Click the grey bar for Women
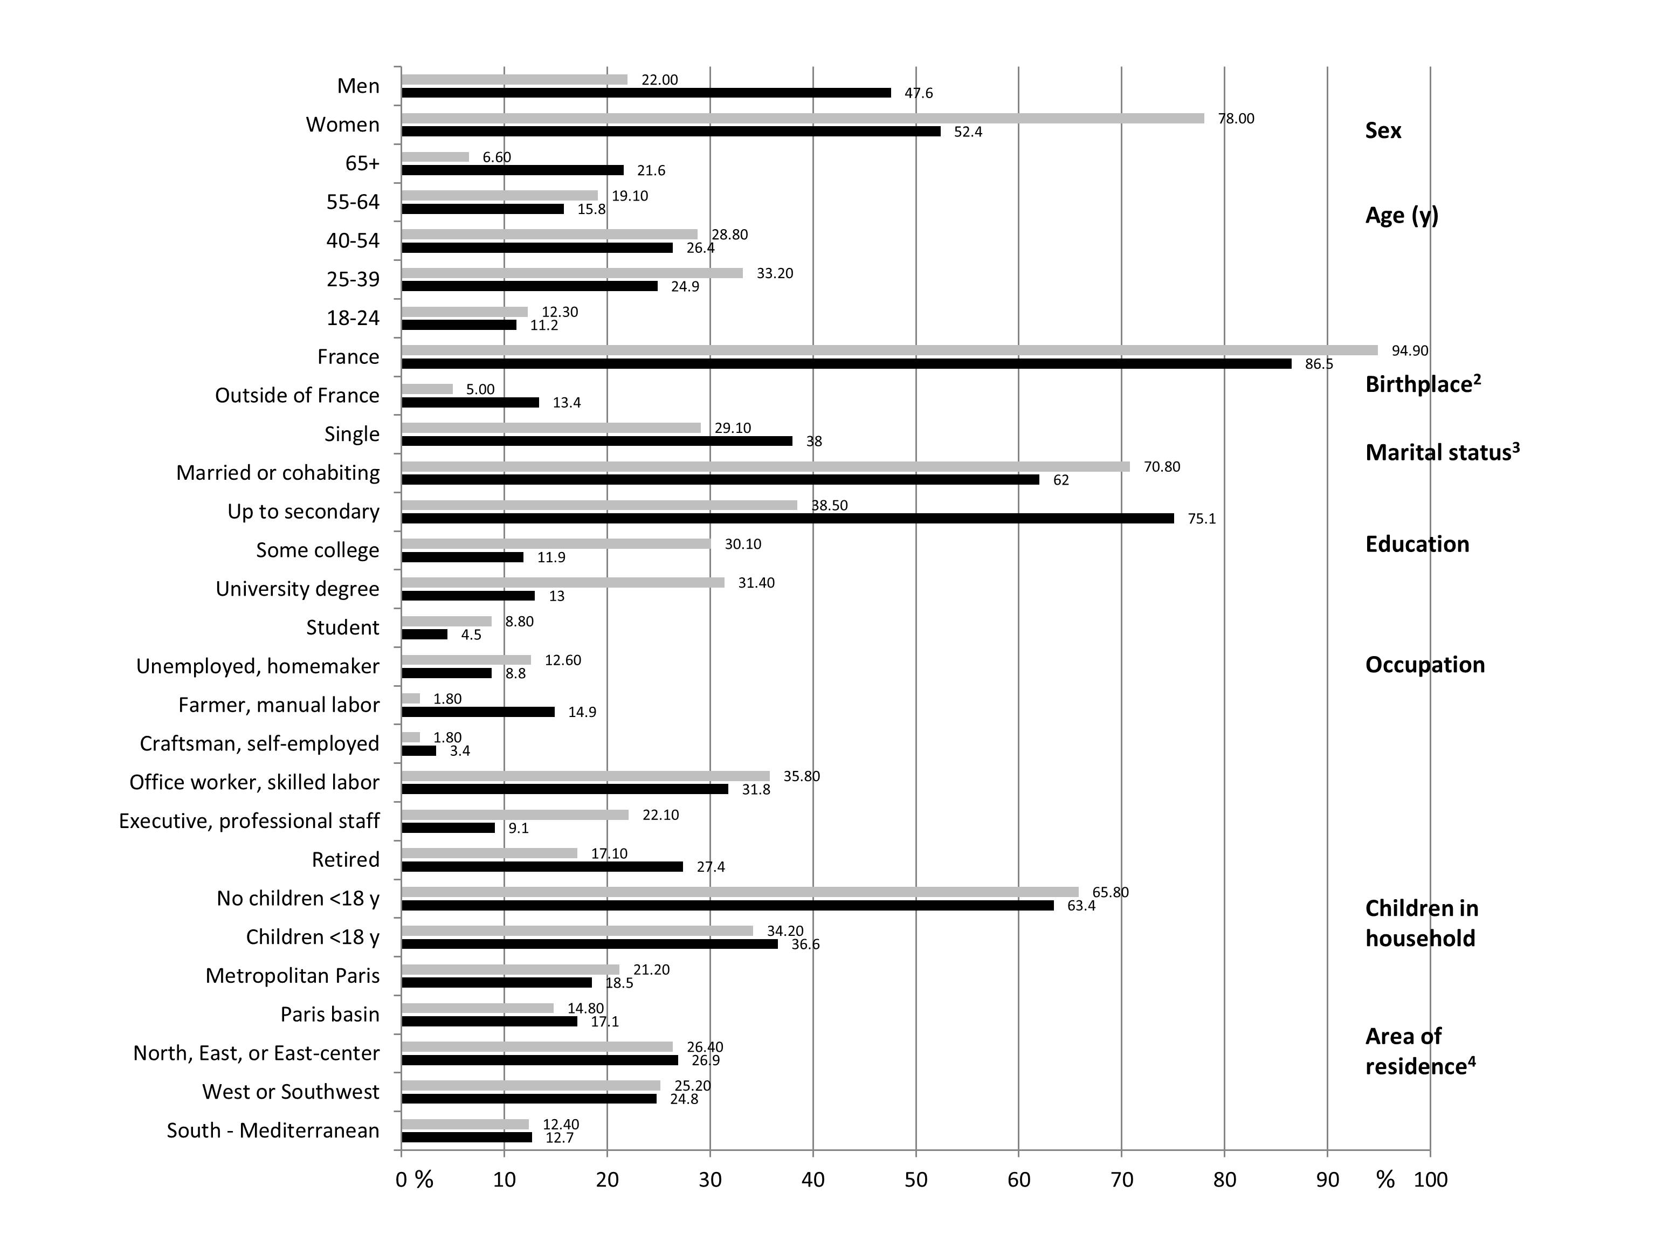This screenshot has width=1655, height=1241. pyautogui.click(x=802, y=118)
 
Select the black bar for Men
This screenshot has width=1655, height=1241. pyautogui.click(x=646, y=93)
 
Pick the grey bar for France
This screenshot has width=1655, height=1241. pyautogui.click(x=889, y=350)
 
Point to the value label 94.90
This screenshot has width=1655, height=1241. pyautogui.click(x=1410, y=350)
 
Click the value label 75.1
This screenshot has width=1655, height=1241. pyautogui.click(x=1202, y=519)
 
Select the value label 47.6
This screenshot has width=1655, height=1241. pyautogui.click(x=918, y=93)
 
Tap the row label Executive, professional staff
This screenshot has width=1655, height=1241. pyautogui.click(x=249, y=821)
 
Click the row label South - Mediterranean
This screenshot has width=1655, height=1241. pyautogui.click(x=273, y=1130)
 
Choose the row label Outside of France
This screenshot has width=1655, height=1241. pyautogui.click(x=297, y=395)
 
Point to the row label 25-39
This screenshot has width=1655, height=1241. pyautogui.click(x=353, y=279)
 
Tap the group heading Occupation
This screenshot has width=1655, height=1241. pyautogui.click(x=1425, y=665)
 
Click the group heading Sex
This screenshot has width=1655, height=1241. pyautogui.click(x=1383, y=131)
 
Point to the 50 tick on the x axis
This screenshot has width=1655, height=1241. pyautogui.click(x=916, y=1180)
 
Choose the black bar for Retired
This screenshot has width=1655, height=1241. pyautogui.click(x=542, y=867)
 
